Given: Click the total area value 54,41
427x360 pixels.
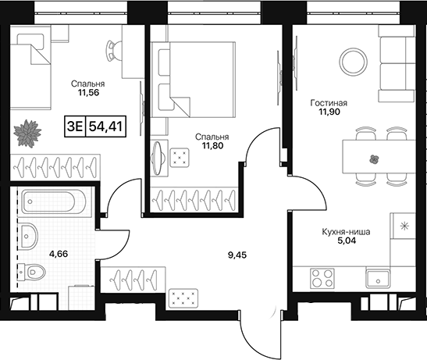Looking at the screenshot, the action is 105,127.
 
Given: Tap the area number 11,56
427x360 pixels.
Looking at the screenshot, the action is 88,93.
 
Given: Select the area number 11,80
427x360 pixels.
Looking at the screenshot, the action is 212,146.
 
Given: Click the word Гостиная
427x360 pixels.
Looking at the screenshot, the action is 329,103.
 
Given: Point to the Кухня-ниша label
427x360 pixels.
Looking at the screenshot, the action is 346,232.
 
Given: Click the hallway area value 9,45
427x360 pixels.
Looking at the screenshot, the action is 237,255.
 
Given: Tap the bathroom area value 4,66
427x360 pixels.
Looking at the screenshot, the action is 59,254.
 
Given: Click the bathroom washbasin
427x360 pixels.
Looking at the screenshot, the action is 28,236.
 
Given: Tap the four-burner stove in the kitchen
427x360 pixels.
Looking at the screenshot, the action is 322,278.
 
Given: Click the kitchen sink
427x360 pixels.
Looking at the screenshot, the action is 378,278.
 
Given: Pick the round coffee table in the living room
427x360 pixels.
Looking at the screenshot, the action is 353,62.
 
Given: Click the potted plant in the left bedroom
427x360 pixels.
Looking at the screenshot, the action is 27,134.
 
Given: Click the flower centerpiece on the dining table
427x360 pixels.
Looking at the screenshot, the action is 375,159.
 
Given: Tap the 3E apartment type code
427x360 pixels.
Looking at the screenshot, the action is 75,127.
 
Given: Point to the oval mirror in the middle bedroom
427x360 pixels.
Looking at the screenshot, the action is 158,158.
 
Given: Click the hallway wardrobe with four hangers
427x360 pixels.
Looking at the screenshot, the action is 133,280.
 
